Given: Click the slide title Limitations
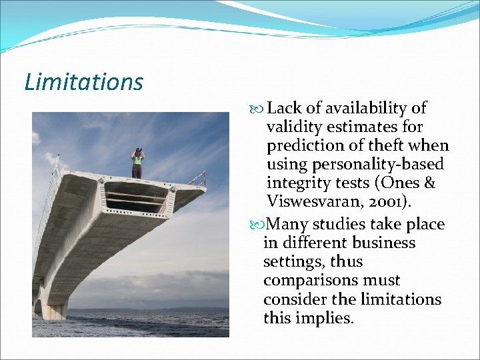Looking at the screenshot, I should click(x=83, y=82).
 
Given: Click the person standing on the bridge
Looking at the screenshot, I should click(x=137, y=163).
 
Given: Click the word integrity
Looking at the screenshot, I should click(x=296, y=183).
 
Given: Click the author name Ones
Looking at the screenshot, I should click(x=408, y=183).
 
